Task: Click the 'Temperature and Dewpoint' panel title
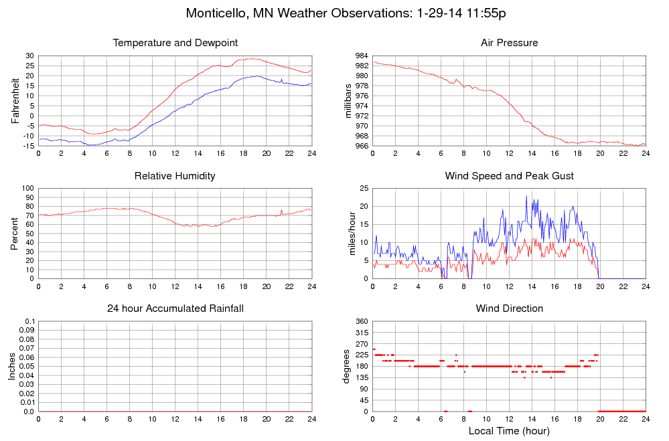tap(175, 43)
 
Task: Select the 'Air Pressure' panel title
tap(509, 43)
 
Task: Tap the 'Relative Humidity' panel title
tap(175, 176)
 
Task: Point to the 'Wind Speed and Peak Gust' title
tap(509, 176)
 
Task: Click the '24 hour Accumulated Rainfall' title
tap(175, 308)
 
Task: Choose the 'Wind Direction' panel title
tap(509, 308)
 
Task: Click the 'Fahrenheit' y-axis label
tap(15, 100)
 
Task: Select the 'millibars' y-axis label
tap(348, 100)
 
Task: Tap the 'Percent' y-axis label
tap(15, 234)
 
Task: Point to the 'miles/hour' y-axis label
tap(348, 234)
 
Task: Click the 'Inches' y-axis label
tap(12, 367)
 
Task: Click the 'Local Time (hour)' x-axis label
tap(509, 431)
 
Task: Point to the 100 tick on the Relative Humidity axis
tap(27, 189)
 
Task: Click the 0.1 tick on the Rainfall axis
tap(29, 322)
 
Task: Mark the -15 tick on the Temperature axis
tap(27, 145)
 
